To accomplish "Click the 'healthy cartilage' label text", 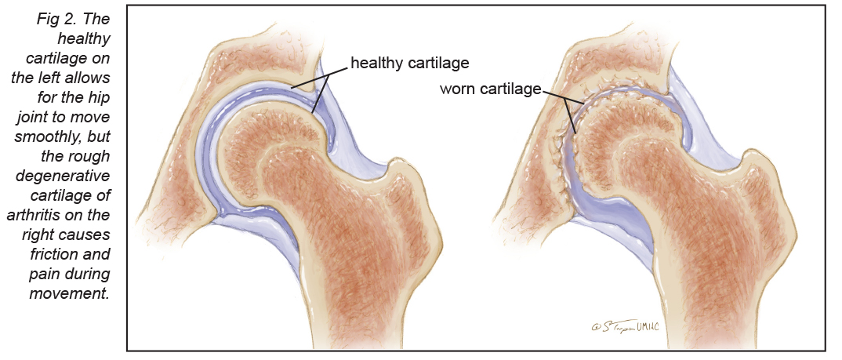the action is (410, 63).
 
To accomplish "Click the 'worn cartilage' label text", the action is (490, 89).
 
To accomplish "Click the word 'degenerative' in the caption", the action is (63, 176).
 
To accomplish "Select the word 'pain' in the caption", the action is (43, 274).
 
